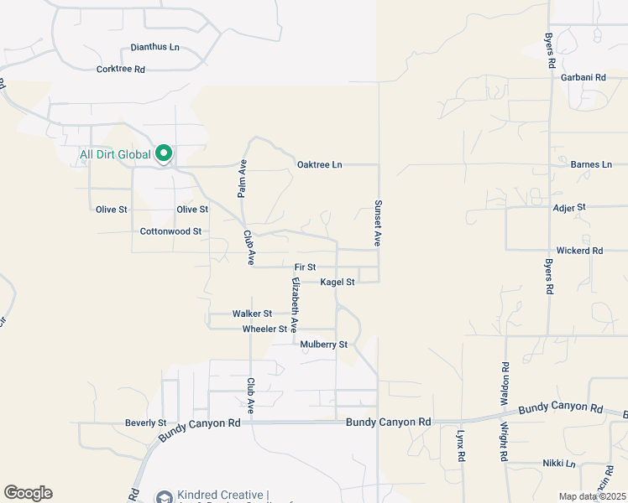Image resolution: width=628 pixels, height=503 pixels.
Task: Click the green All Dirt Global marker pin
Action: [165, 154]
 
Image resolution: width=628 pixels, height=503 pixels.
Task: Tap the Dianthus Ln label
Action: [155, 48]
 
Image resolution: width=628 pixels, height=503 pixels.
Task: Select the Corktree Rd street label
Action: [121, 69]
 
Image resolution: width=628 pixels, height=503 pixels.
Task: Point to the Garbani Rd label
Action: [584, 77]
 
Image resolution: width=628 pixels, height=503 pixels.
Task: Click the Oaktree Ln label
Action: [320, 164]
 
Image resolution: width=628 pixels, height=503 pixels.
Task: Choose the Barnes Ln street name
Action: [591, 164]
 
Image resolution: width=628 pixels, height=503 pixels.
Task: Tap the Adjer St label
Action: [568, 206]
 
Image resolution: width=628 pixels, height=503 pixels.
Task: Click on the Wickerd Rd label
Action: [579, 251]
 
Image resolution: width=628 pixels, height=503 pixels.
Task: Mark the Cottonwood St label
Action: [171, 231]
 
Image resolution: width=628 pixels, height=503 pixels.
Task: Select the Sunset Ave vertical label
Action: [378, 223]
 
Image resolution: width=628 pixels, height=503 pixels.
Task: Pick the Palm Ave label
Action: [242, 179]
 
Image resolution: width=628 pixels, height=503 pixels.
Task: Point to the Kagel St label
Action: [338, 283]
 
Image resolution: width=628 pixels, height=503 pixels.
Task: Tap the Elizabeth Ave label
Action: [295, 301]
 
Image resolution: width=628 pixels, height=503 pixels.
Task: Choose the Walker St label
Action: [253, 314]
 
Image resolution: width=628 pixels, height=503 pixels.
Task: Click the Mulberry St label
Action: [323, 345]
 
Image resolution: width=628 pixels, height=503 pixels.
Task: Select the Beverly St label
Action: [145, 423]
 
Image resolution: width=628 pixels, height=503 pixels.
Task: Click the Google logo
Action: [29, 493]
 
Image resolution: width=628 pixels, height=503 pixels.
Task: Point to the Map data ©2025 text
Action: [592, 496]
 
